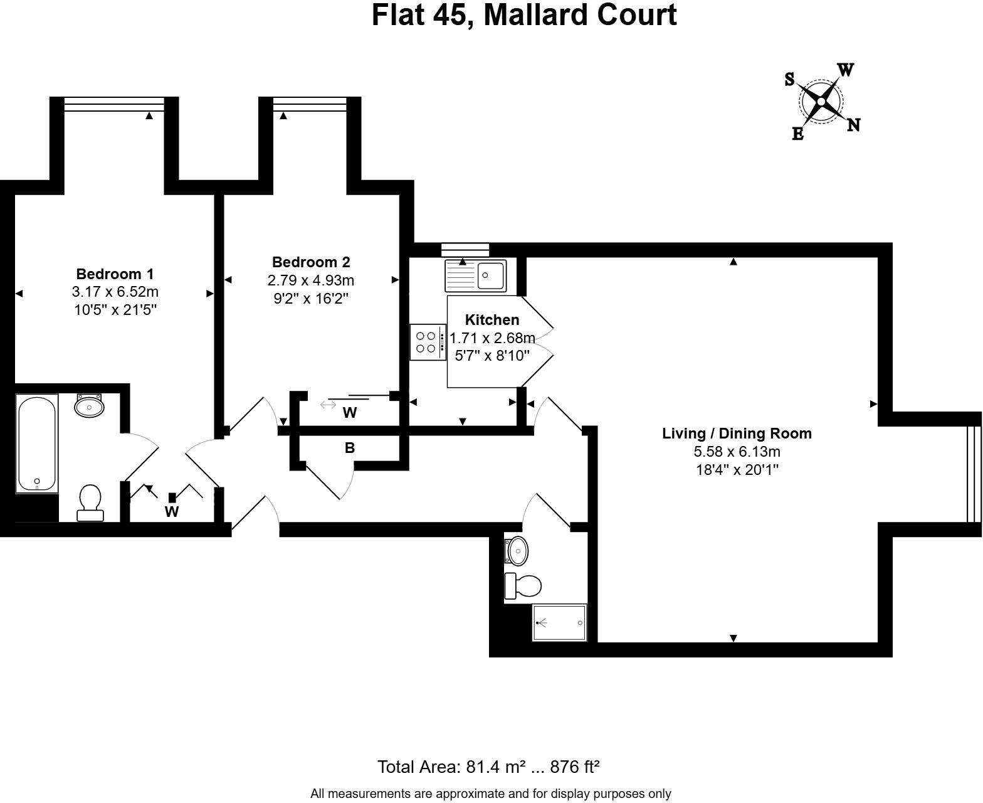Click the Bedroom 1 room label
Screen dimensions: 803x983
pyautogui.click(x=115, y=274)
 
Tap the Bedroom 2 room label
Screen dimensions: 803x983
pyautogui.click(x=311, y=262)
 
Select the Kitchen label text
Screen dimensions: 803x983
pyautogui.click(x=492, y=320)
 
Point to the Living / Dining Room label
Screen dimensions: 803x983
pyautogui.click(x=737, y=433)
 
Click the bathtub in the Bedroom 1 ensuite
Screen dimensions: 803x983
pyautogui.click(x=38, y=443)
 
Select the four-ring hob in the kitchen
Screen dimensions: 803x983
pyautogui.click(x=427, y=342)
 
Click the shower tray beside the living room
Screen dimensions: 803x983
pyautogui.click(x=559, y=622)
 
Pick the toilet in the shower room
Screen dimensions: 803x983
pyautogui.click(x=523, y=586)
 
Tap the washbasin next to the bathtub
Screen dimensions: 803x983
pyautogui.click(x=89, y=406)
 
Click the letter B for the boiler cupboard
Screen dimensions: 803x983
pyautogui.click(x=350, y=448)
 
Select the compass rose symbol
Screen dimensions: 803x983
pyautogui.click(x=821, y=101)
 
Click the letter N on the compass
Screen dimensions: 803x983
pyautogui.click(x=853, y=125)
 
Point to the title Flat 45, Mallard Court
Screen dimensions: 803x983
pyautogui.click(x=524, y=15)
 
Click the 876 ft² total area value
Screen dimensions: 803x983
pyautogui.click(x=575, y=767)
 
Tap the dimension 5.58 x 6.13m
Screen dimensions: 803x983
pyautogui.click(x=737, y=452)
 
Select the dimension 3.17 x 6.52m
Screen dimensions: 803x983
pyautogui.click(x=115, y=292)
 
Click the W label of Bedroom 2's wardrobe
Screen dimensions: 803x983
pyautogui.click(x=350, y=413)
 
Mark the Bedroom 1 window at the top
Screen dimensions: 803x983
pyautogui.click(x=114, y=104)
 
